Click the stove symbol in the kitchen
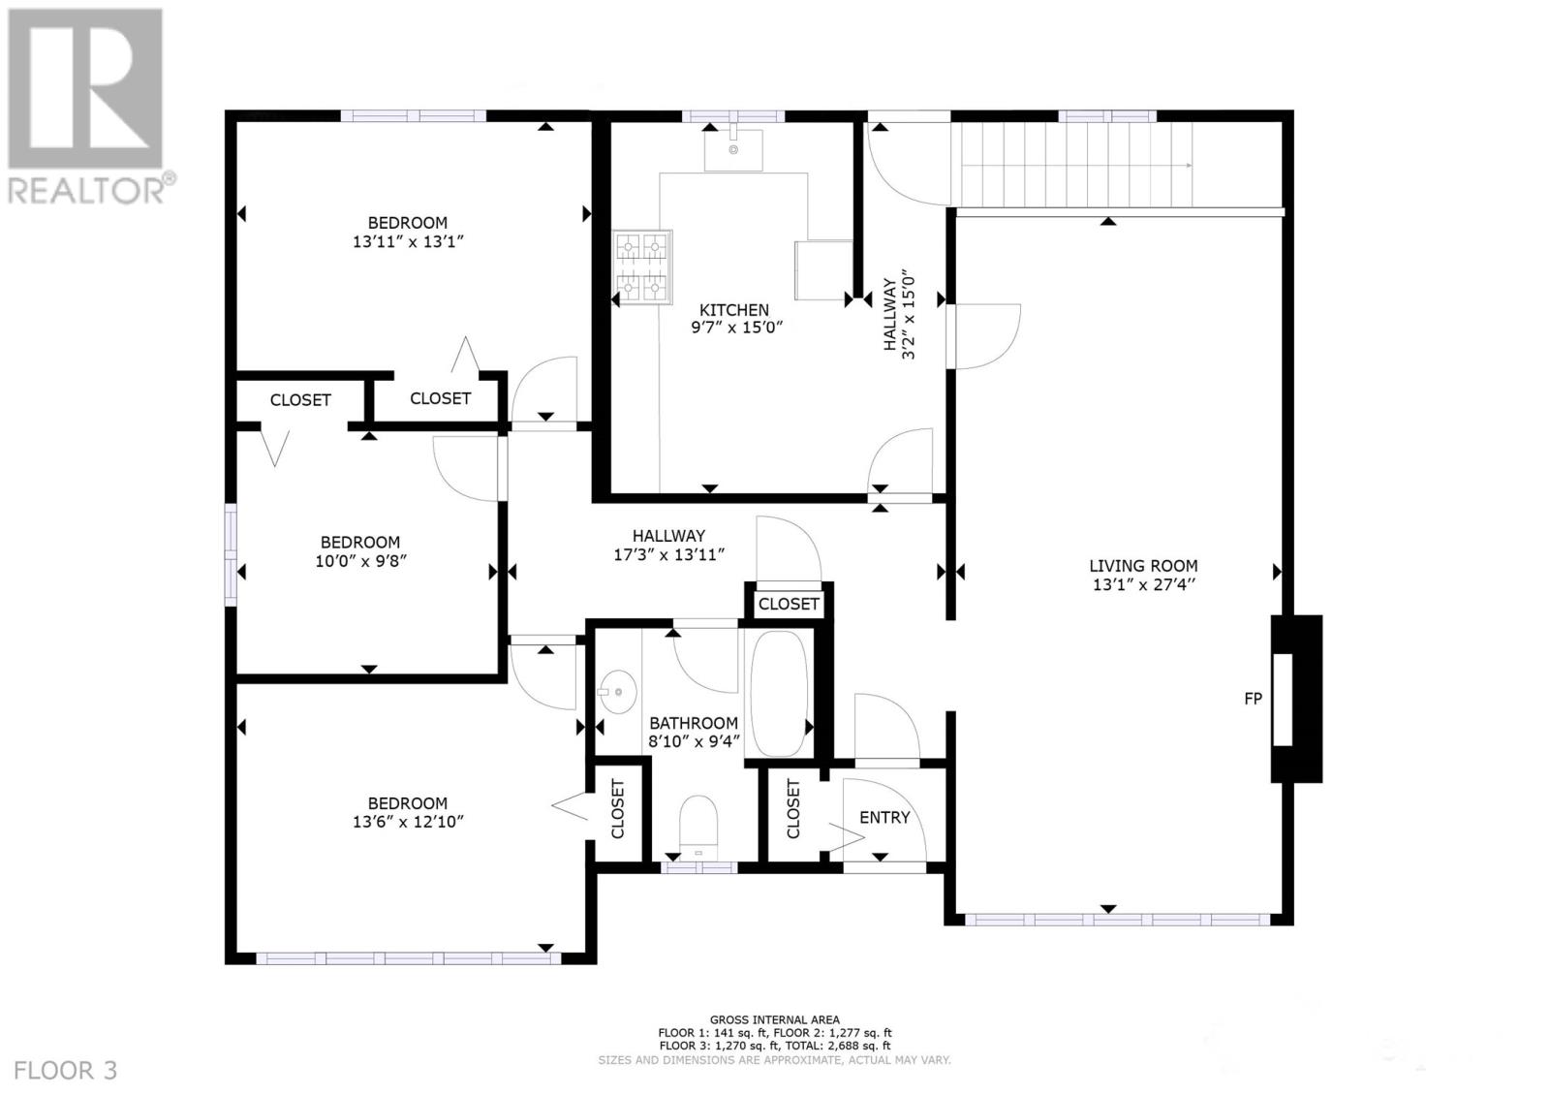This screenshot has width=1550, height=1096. click(642, 267)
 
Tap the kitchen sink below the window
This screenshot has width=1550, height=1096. click(733, 150)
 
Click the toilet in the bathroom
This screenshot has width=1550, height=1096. click(698, 824)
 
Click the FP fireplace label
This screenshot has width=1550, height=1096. click(1253, 698)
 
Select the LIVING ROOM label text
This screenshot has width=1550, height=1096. click(1143, 566)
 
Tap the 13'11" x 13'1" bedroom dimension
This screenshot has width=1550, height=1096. click(409, 242)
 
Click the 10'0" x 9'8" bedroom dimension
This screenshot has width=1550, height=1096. click(360, 561)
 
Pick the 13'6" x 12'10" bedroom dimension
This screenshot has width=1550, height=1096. click(408, 822)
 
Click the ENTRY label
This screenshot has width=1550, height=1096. click(884, 818)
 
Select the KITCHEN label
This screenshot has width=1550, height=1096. click(735, 310)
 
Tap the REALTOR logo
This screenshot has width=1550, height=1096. click(87, 107)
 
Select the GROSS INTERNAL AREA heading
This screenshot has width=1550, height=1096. click(774, 1019)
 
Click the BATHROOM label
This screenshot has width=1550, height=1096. click(694, 723)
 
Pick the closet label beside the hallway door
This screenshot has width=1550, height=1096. click(789, 604)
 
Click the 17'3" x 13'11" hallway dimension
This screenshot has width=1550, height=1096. click(669, 555)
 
